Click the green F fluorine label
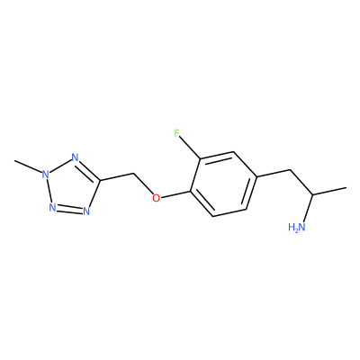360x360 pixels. pyautogui.click(x=177, y=133)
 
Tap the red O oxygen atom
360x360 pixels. pyautogui.click(x=156, y=198)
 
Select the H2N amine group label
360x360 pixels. pyautogui.click(x=296, y=227)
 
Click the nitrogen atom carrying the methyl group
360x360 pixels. pyautogui.click(x=45, y=174)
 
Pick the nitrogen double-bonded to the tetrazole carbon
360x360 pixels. pyautogui.click(x=75, y=157)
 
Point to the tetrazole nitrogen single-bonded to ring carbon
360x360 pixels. pyautogui.click(x=86, y=211)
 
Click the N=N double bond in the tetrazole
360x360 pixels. pyautogui.click(x=69, y=208)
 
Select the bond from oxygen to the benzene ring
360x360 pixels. pyautogui.click(x=175, y=194)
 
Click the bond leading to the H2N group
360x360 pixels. pyautogui.click(x=308, y=209)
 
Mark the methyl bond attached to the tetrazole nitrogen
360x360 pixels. pyautogui.click(x=28, y=166)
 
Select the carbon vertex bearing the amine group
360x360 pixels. pyautogui.click(x=313, y=194)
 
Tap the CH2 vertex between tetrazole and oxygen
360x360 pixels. pyautogui.click(x=133, y=173)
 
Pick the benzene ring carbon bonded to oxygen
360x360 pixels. pyautogui.click(x=190, y=190)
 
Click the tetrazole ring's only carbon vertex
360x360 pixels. pyautogui.click(x=100, y=181)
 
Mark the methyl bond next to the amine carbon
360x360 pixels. pyautogui.click(x=329, y=192)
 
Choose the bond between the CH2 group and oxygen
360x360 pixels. pyautogui.click(x=143, y=184)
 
